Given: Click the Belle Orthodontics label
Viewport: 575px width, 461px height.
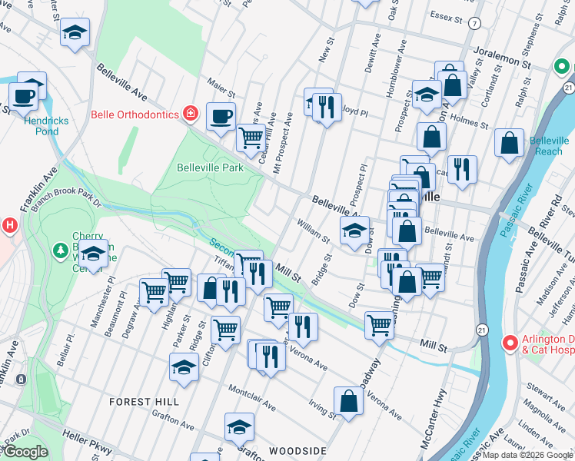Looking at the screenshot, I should [135, 114].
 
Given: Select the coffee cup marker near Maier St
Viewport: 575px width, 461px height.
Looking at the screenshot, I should [221, 116].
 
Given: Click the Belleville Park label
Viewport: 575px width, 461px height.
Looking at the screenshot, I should [210, 167].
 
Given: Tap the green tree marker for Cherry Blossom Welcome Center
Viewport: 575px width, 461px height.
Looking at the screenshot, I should [60, 250].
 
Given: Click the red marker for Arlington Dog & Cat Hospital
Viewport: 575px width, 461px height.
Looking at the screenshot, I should [508, 343].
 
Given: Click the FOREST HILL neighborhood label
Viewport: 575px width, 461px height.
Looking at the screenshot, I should [144, 402].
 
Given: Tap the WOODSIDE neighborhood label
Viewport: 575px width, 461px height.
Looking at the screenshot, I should [297, 450].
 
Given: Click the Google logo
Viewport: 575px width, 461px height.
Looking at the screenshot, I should [25, 452].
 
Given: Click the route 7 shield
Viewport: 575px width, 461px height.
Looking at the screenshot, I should [475, 23].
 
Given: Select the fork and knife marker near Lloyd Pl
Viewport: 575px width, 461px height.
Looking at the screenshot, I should [327, 107].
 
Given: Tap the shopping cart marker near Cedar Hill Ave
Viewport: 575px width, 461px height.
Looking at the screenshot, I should [251, 138].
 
